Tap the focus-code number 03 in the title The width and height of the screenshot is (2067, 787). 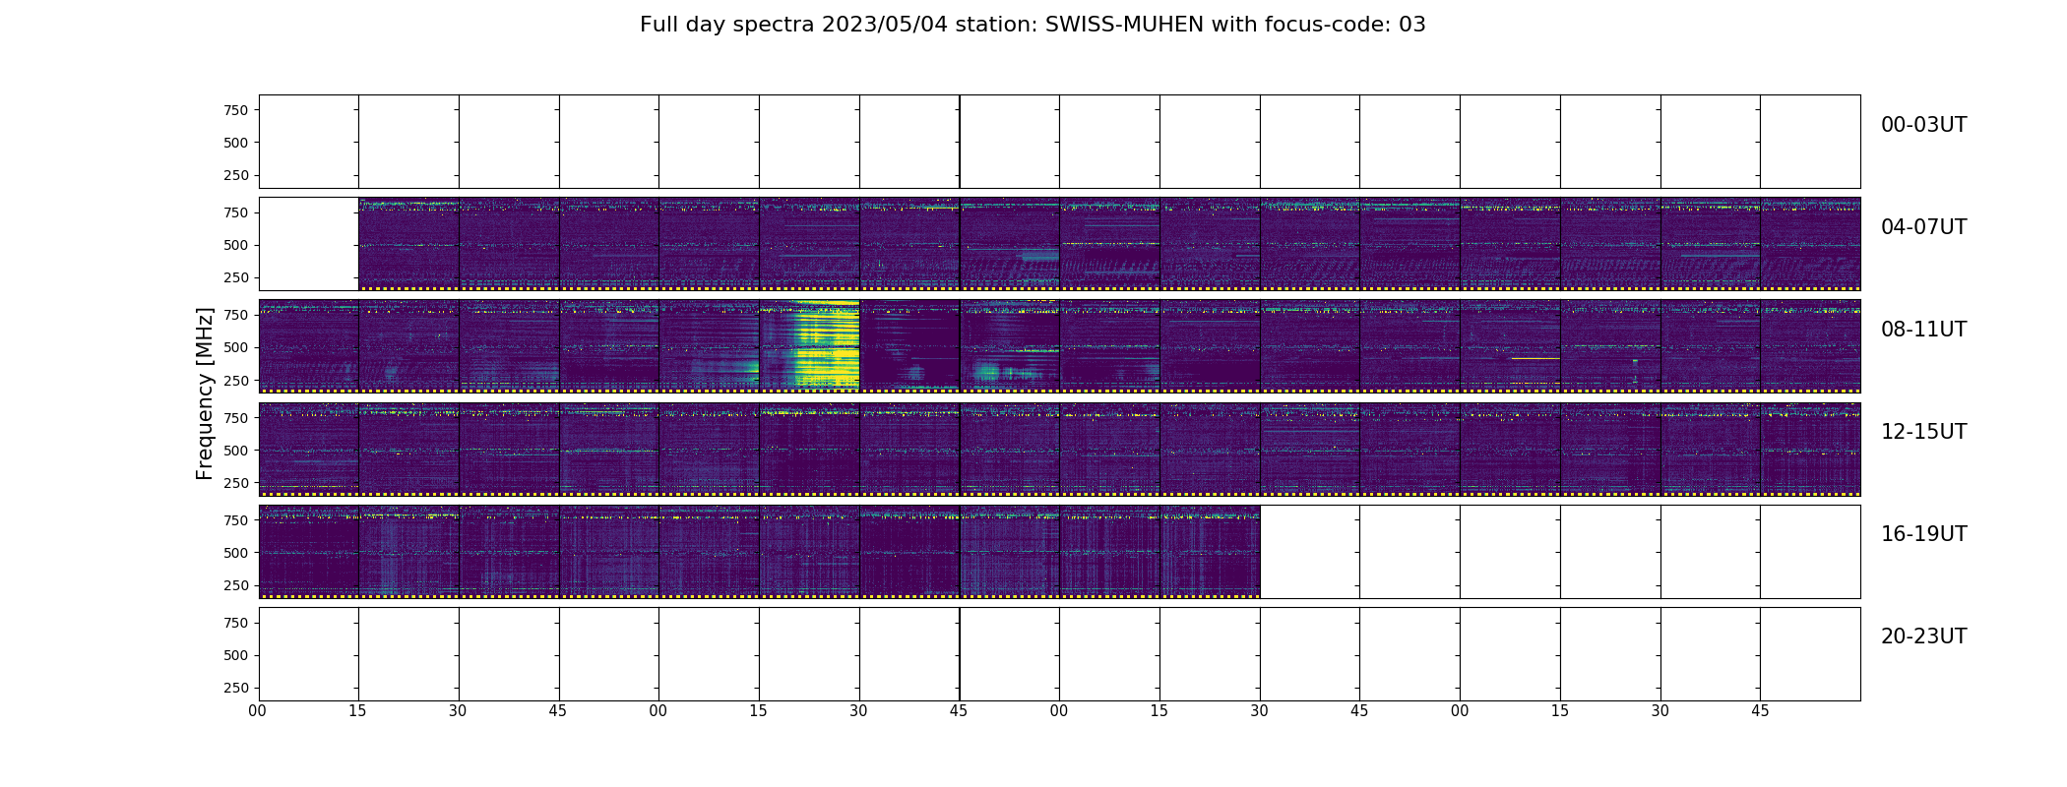pyautogui.click(x=1411, y=25)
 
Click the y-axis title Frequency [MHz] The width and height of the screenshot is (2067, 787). pyautogui.click(x=205, y=393)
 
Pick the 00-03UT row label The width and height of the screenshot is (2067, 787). pyautogui.click(x=1923, y=125)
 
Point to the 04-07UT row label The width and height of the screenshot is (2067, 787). pyautogui.click(x=1923, y=227)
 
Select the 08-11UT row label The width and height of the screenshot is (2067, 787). pyautogui.click(x=1923, y=330)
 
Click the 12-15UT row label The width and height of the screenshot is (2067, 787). pyautogui.click(x=1923, y=432)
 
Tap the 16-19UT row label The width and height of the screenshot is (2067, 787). pyautogui.click(x=1923, y=534)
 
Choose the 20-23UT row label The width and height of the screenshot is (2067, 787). pyautogui.click(x=1923, y=636)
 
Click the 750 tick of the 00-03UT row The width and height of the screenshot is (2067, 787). pyautogui.click(x=235, y=110)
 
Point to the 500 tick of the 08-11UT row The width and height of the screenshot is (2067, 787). pyautogui.click(x=235, y=347)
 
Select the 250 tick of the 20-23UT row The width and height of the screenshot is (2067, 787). pyautogui.click(x=235, y=688)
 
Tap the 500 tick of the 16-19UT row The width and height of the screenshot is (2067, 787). pyautogui.click(x=235, y=553)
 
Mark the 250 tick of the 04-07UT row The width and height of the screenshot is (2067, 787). pyautogui.click(x=235, y=277)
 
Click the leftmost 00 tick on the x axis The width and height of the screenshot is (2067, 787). pyautogui.click(x=258, y=711)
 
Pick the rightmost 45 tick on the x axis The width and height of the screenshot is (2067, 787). pyautogui.click(x=1760, y=711)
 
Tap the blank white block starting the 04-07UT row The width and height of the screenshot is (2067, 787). pyautogui.click(x=308, y=244)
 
